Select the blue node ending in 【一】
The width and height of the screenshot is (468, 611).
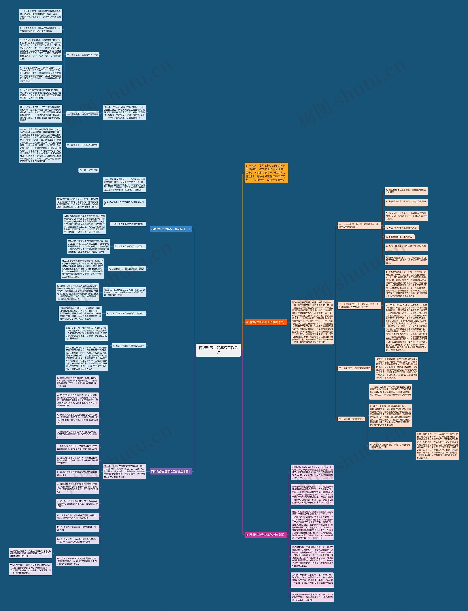click(171, 229)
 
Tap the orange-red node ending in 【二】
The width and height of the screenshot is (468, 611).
click(265, 322)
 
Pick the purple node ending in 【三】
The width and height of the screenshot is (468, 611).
click(171, 472)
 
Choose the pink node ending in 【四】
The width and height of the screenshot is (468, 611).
click(265, 535)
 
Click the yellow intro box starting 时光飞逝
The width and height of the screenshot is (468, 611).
click(266, 173)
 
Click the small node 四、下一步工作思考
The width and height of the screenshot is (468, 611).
click(89, 170)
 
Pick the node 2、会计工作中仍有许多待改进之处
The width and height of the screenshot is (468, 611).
click(127, 224)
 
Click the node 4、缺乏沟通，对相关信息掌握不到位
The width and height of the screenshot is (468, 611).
click(127, 269)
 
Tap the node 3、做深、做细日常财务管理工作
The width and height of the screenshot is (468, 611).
click(128, 346)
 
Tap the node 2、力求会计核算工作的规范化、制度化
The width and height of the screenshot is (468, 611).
click(125, 313)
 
